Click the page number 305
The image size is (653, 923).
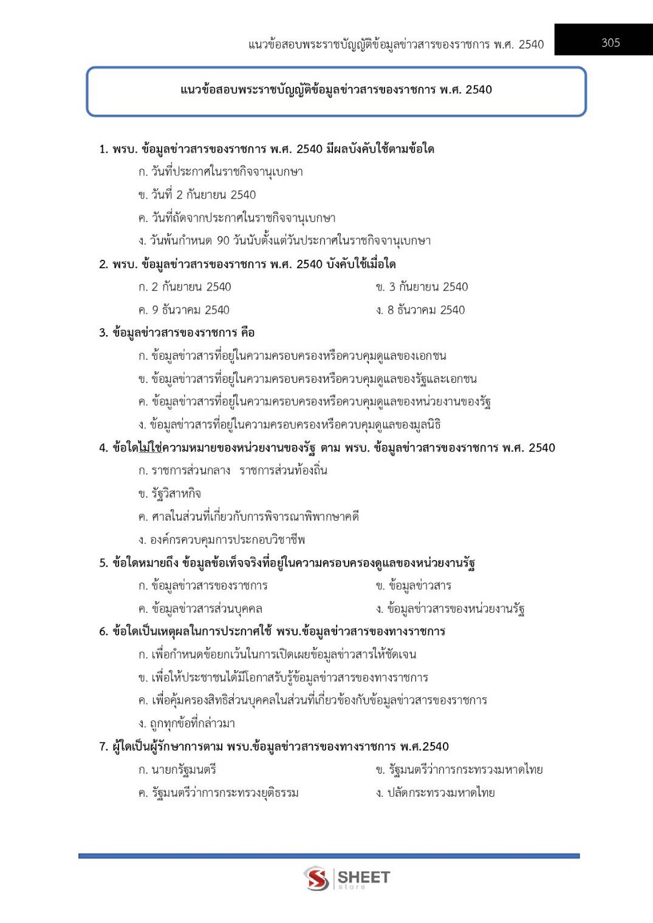[610, 42]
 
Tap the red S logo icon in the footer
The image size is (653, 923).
[316, 878]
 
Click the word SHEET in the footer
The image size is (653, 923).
[363, 877]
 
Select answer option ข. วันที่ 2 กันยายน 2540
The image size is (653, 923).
[197, 195]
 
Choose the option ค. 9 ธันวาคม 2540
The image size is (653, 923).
[183, 310]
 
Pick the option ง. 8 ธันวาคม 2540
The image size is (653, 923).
[420, 310]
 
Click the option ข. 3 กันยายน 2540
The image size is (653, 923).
[422, 287]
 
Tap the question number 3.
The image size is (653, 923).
[103, 333]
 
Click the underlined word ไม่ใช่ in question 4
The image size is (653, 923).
[150, 448]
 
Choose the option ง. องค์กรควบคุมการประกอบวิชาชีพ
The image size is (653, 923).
[221, 539]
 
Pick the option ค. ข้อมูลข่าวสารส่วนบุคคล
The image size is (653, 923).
[200, 609]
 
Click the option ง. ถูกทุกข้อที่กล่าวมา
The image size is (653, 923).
[186, 723]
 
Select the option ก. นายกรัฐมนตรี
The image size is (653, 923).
[177, 769]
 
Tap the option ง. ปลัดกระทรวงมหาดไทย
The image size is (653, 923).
[435, 793]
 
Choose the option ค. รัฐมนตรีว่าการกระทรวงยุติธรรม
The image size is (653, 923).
[218, 793]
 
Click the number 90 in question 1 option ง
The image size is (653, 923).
[223, 241]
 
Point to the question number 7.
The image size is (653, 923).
[103, 746]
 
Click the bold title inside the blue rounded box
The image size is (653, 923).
[336, 90]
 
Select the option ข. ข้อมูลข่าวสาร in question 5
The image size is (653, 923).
[413, 586]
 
